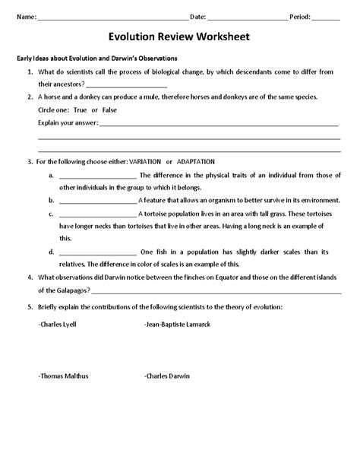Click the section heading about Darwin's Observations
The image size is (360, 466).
coord(97,59)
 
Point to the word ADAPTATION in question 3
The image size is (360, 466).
coord(196,162)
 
